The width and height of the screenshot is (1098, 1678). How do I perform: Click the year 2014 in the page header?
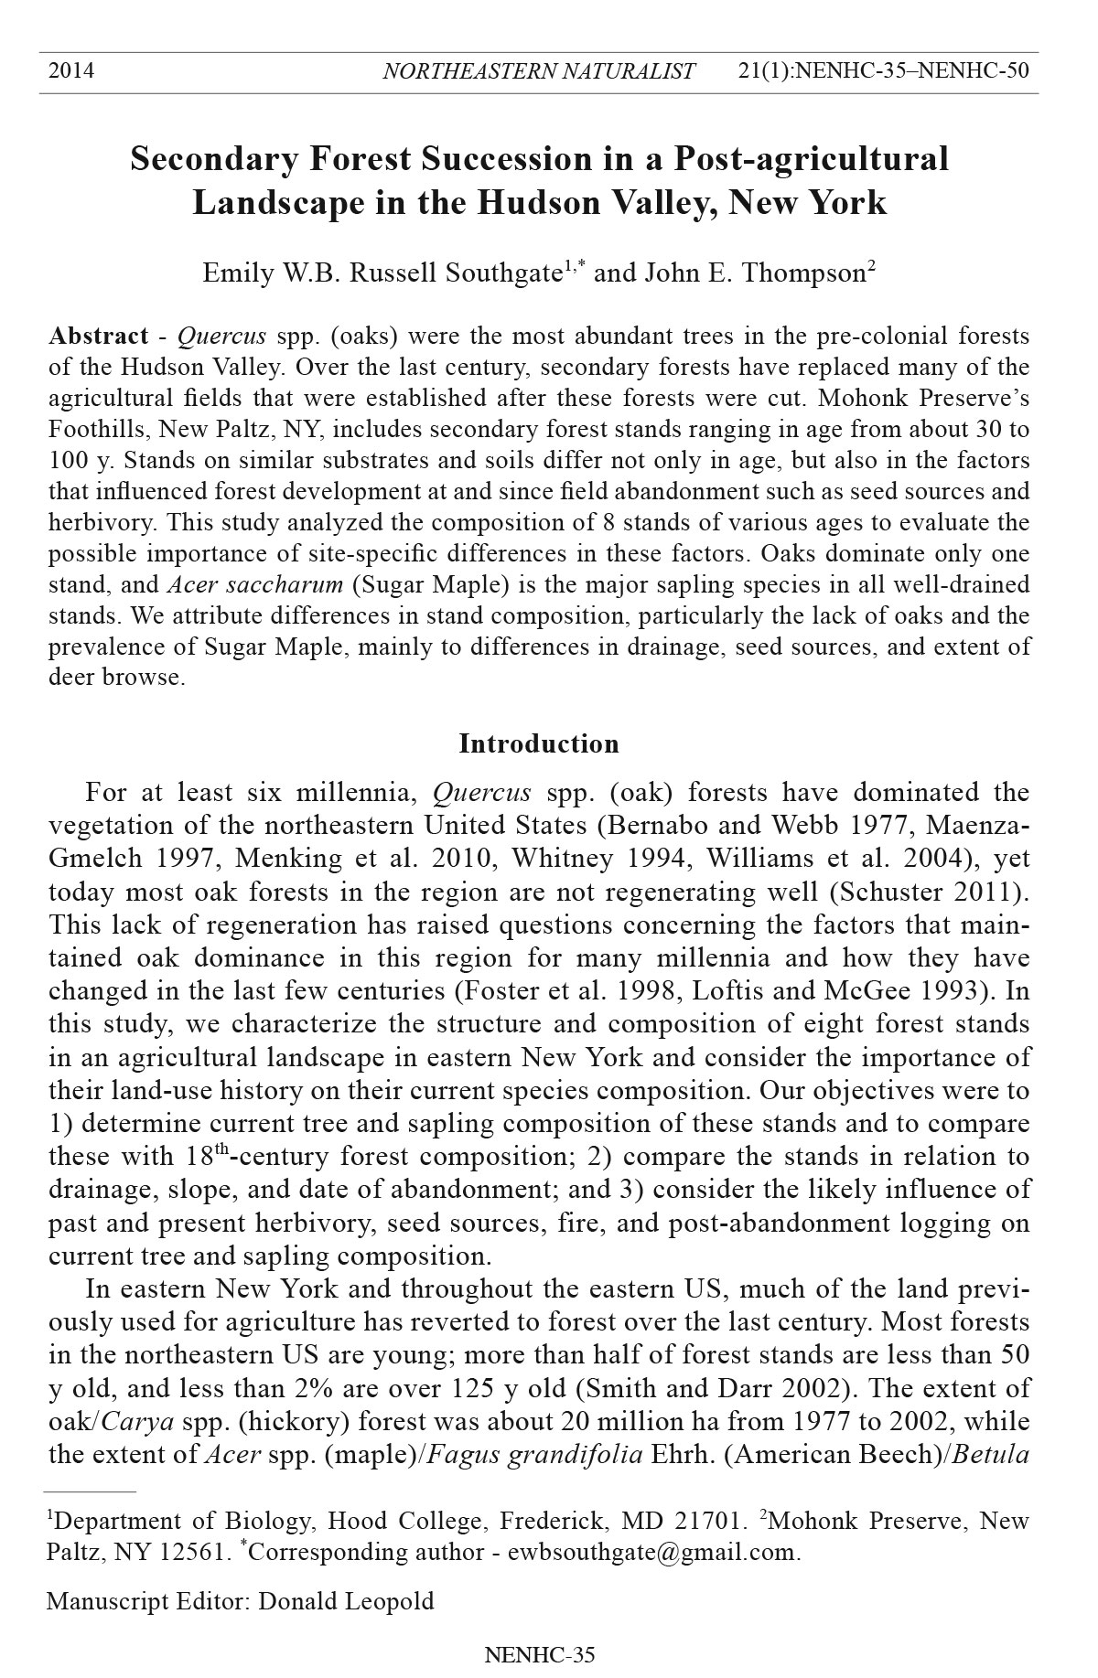click(x=71, y=70)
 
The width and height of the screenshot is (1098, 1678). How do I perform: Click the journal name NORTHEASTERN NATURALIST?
click(x=539, y=71)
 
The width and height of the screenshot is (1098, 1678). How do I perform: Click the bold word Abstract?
click(x=99, y=336)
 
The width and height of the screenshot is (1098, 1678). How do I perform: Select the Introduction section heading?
click(x=539, y=743)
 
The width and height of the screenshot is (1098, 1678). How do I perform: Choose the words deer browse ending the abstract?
click(x=115, y=678)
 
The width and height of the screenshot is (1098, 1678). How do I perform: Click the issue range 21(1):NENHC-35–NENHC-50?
click(x=883, y=70)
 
